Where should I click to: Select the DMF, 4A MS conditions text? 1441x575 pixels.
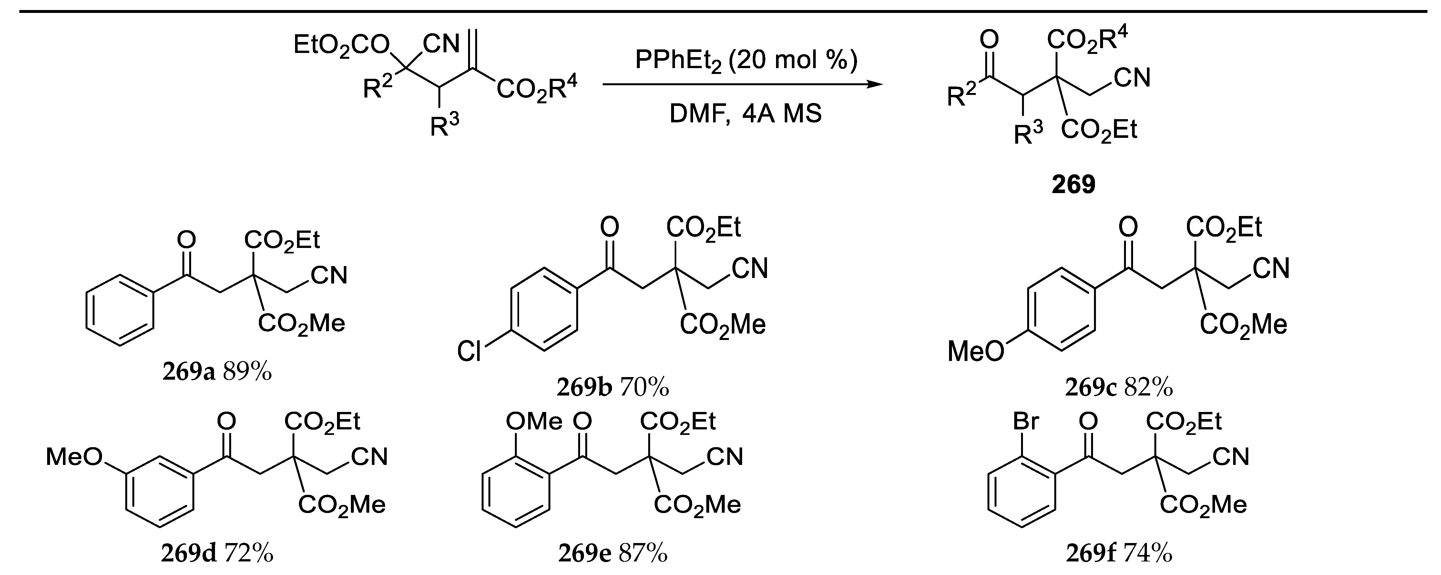[746, 114]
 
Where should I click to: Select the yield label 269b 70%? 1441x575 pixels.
[613, 387]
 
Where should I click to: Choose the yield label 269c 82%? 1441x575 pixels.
[1119, 387]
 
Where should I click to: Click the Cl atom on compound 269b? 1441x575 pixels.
[469, 352]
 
